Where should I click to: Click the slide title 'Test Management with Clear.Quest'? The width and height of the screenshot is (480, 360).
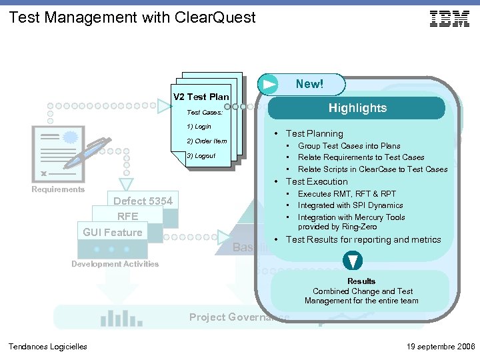click(132, 17)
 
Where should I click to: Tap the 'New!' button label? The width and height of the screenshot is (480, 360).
click(309, 84)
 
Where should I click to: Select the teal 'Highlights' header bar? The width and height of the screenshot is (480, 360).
click(357, 108)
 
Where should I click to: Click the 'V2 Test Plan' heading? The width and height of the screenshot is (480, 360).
click(201, 97)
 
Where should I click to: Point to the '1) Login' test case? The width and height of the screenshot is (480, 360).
click(199, 126)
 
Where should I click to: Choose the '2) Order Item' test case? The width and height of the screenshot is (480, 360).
click(207, 141)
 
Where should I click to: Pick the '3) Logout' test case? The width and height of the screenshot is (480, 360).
click(201, 156)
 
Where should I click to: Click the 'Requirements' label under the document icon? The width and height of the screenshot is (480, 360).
click(59, 189)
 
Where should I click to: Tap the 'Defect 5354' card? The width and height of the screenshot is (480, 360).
click(143, 201)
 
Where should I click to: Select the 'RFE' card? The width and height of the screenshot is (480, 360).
click(127, 216)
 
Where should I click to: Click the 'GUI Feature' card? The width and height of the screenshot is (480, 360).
click(113, 232)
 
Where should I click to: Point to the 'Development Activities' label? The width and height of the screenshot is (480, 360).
click(115, 264)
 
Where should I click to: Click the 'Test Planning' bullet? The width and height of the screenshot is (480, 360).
click(314, 133)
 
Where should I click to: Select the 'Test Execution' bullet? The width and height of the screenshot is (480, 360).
click(317, 181)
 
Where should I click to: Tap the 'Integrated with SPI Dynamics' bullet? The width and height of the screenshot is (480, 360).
click(350, 205)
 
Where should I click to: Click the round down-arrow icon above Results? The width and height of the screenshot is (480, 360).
click(352, 260)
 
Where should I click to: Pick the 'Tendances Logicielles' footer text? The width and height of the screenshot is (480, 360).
click(47, 346)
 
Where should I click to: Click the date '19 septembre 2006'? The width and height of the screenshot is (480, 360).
click(439, 346)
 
